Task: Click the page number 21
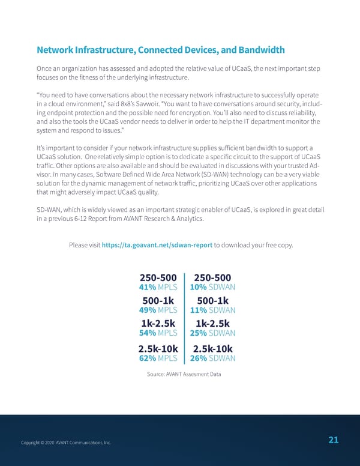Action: pyautogui.click(x=334, y=440)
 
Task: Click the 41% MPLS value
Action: pyautogui.click(x=158, y=287)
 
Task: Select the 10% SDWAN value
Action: pyautogui.click(x=212, y=287)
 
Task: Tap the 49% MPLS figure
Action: pyautogui.click(x=158, y=310)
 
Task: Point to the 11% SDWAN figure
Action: pyautogui.click(x=212, y=310)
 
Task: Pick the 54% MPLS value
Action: pyautogui.click(x=158, y=333)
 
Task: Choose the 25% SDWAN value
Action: pyautogui.click(x=212, y=333)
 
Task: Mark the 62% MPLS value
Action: pyautogui.click(x=158, y=359)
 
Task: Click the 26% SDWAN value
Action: pyautogui.click(x=212, y=359)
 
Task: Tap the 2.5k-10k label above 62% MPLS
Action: pyautogui.click(x=157, y=349)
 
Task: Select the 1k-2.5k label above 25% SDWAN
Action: pyautogui.click(x=212, y=324)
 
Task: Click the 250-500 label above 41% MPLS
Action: pyautogui.click(x=158, y=277)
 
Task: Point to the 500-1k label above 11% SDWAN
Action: pyautogui.click(x=212, y=301)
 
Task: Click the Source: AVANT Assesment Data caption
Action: pyautogui.click(x=184, y=374)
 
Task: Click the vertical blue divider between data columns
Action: pyautogui.click(x=185, y=318)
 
